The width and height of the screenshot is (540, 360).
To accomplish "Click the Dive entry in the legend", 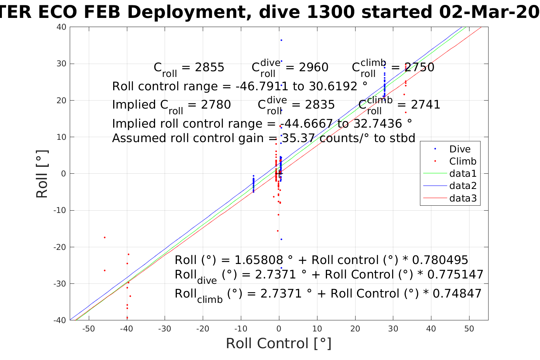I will (x=460, y=149).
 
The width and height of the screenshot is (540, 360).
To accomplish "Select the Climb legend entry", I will (x=463, y=162).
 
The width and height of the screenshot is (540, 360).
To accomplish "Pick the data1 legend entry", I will (x=463, y=174).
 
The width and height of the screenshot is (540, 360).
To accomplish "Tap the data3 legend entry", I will (x=463, y=198).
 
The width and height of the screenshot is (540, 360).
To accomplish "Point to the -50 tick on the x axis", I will (x=88, y=329).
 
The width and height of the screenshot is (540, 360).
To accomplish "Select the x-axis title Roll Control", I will (x=279, y=344).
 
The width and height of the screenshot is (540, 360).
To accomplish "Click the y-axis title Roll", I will (x=42, y=174).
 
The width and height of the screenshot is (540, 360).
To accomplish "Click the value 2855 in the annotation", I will (x=209, y=67).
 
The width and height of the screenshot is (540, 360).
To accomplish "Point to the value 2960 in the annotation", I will (x=313, y=67).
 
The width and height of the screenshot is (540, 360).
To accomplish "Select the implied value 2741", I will (x=425, y=105).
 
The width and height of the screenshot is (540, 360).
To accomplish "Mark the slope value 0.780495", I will (x=444, y=260).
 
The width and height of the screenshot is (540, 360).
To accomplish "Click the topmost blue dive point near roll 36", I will (x=281, y=40).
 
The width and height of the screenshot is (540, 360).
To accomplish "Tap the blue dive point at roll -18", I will (x=281, y=239).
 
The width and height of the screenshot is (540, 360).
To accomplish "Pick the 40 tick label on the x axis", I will (x=431, y=329).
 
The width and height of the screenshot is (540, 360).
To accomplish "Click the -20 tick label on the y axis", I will (x=61, y=247).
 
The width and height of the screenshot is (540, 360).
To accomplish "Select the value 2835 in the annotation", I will (x=320, y=105).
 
